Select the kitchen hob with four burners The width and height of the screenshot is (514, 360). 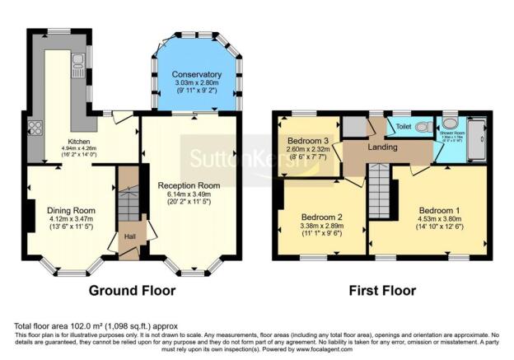click(x=36, y=128)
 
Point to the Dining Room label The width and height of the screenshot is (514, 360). click(x=70, y=210)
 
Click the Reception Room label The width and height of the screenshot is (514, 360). click(x=189, y=187)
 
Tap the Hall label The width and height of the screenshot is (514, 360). click(x=129, y=236)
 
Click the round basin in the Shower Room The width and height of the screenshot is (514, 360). click(x=450, y=122)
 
